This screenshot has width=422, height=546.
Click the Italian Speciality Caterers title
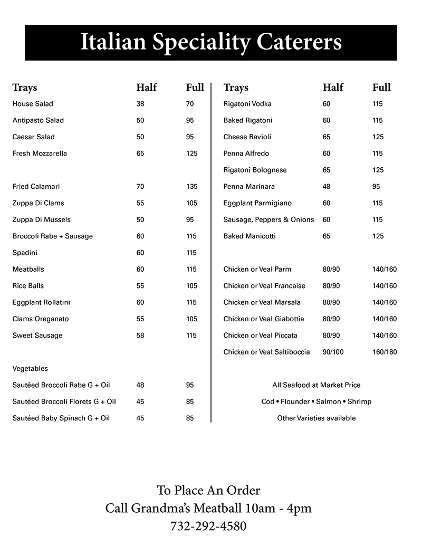(211, 42)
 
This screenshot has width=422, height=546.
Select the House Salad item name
(33, 104)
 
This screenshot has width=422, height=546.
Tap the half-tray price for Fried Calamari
(140, 187)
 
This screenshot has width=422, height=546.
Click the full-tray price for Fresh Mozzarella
(192, 154)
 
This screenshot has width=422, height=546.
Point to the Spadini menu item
(25, 253)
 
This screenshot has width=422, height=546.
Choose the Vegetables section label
(30, 369)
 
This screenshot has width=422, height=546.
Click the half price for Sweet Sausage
(140, 336)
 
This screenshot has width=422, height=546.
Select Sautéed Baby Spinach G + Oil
(61, 418)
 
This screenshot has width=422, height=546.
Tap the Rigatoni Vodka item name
(247, 104)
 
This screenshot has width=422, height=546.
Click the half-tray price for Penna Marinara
(327, 187)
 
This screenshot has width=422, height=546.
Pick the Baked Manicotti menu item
(250, 236)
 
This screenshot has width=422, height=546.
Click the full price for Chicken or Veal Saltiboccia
(385, 352)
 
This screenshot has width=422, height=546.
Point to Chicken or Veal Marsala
(262, 302)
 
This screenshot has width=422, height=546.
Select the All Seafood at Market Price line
(316, 385)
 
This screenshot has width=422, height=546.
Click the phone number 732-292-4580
(208, 526)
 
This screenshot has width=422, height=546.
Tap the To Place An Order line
(208, 491)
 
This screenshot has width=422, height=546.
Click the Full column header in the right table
(381, 88)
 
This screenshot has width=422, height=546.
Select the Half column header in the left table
(147, 88)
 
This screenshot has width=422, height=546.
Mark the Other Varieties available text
(316, 418)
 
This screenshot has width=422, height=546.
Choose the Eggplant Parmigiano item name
(257, 203)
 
